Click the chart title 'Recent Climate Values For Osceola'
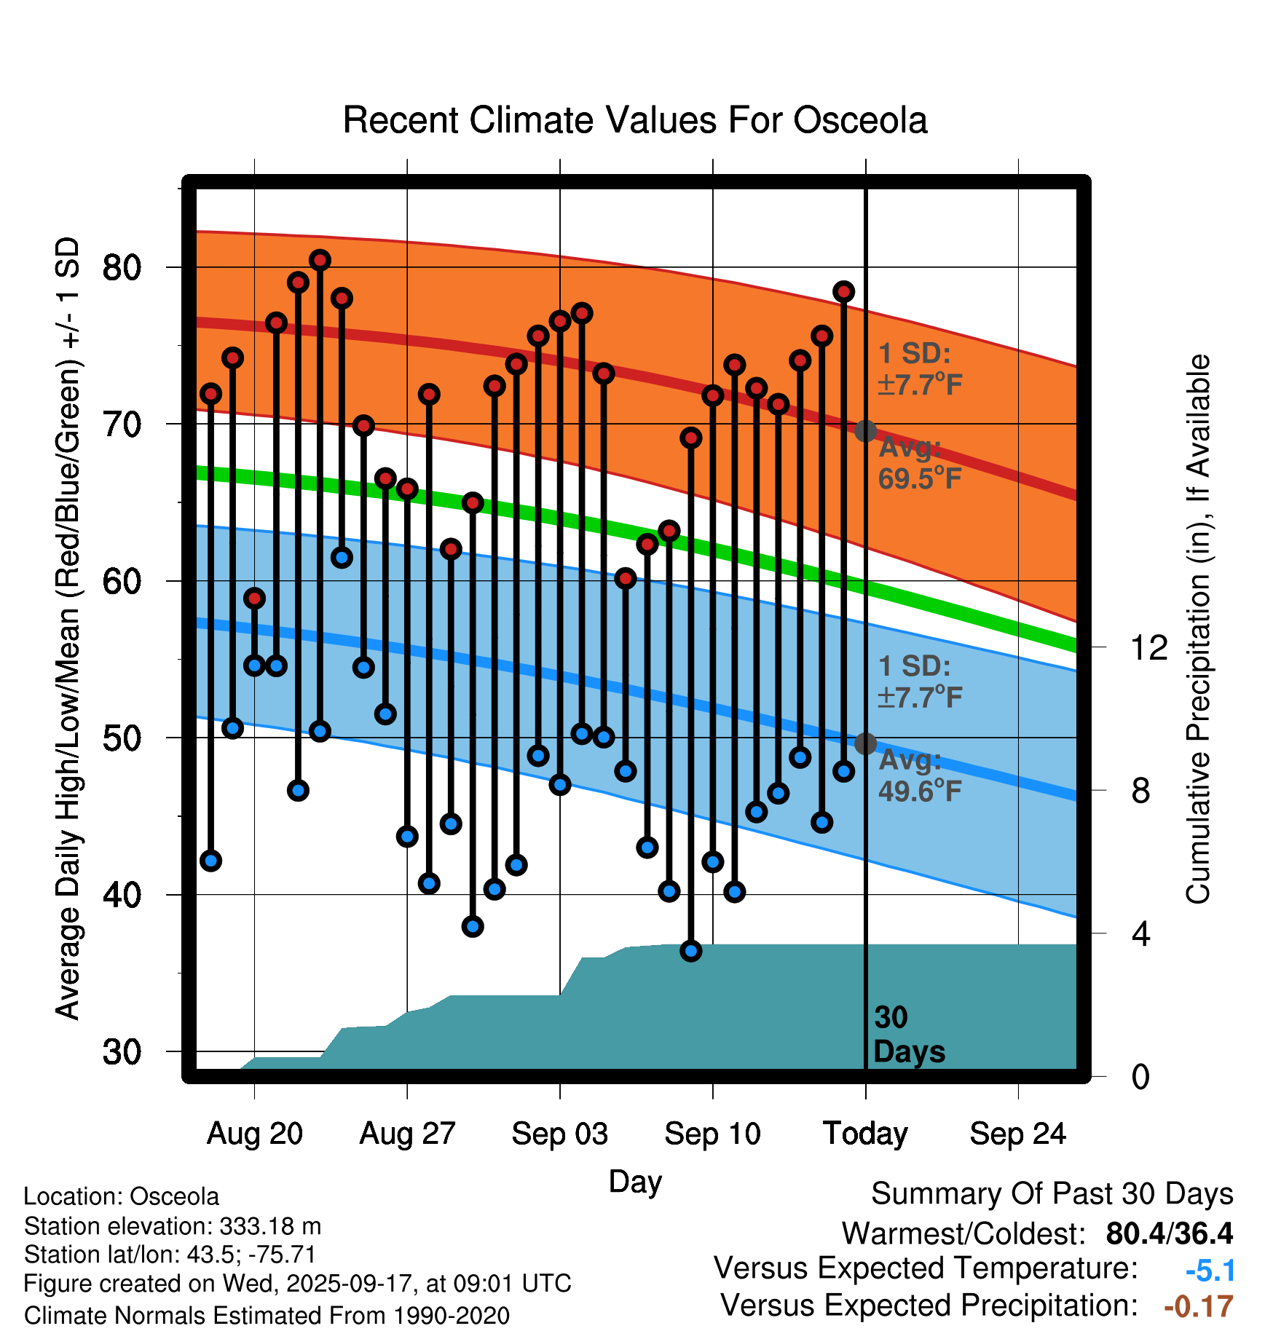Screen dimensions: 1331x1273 [x=635, y=120]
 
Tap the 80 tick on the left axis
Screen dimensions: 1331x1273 [x=122, y=268]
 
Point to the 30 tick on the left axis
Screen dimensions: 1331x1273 [x=122, y=1052]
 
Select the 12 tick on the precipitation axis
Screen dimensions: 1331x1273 [x=1149, y=647]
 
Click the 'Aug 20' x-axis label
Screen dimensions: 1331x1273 [x=254, y=1134]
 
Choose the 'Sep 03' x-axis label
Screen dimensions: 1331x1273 [x=559, y=1134]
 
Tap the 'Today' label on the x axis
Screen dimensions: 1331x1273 [x=865, y=1134]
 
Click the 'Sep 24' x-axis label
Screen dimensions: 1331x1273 [x=1017, y=1134]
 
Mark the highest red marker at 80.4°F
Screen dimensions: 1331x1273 [x=320, y=260]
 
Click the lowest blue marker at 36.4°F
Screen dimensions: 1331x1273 [x=691, y=951]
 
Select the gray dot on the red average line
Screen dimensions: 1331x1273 [x=865, y=431]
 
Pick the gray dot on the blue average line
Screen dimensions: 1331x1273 [x=865, y=743]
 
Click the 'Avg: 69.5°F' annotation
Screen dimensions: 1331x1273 [x=919, y=463]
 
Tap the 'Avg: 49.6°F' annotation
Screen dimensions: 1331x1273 [x=919, y=775]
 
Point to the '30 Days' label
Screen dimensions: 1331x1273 [x=908, y=1035]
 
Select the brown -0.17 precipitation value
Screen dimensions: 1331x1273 [x=1199, y=1306]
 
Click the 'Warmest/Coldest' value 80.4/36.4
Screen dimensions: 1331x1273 [x=1169, y=1233]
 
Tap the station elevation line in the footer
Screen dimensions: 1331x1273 [x=173, y=1226]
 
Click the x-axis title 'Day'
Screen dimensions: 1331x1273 [x=635, y=1181]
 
